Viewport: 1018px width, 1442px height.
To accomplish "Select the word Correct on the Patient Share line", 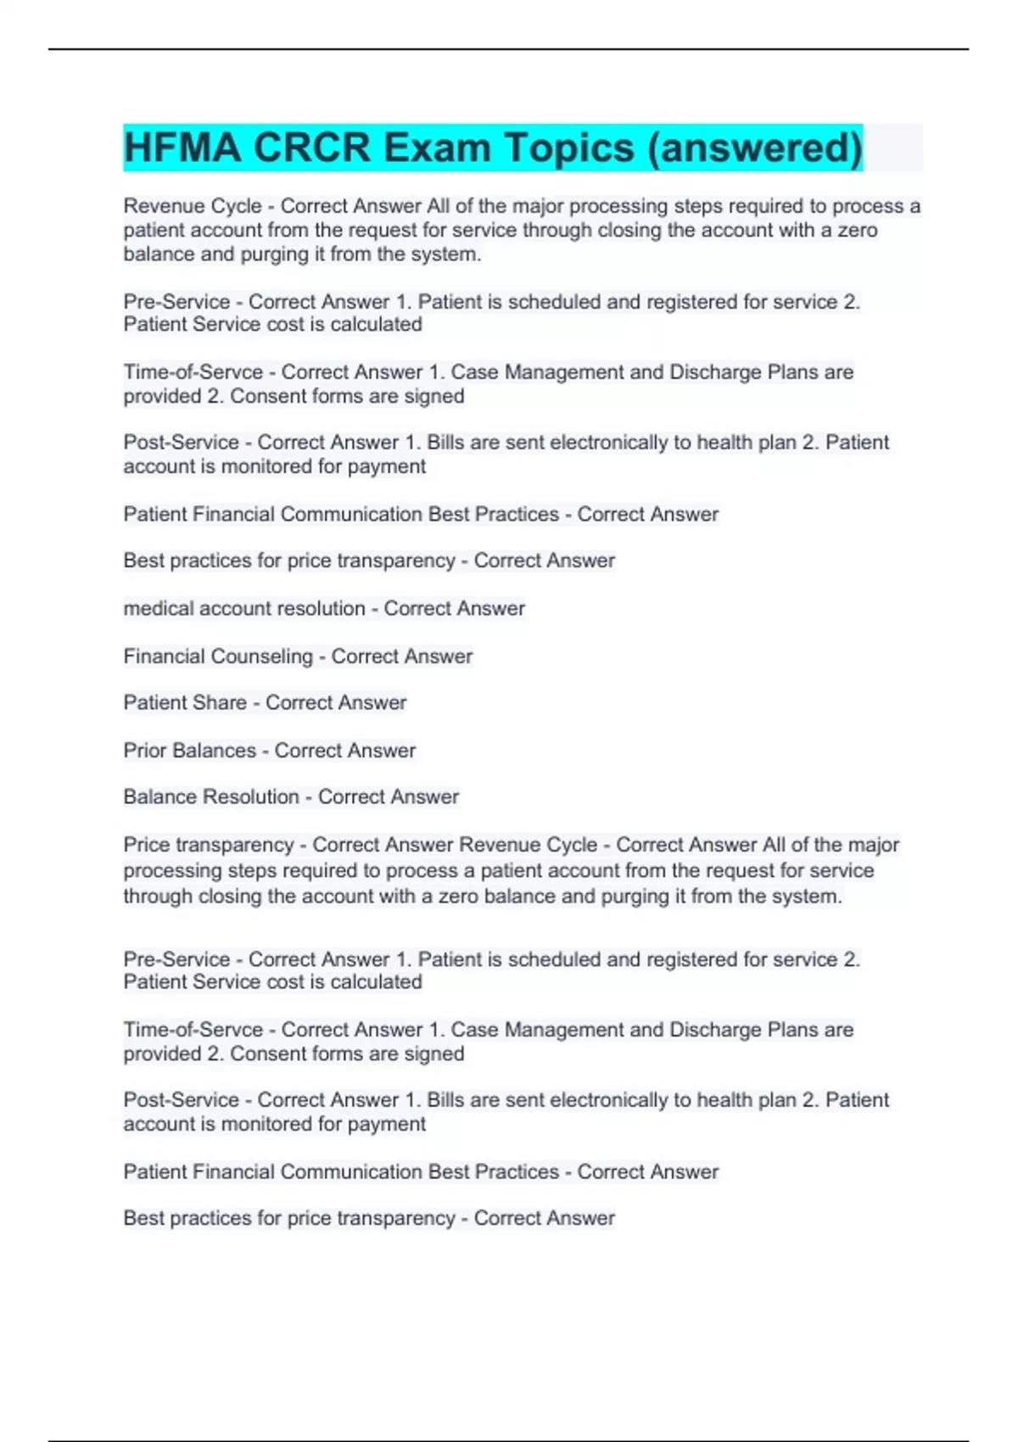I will [299, 702].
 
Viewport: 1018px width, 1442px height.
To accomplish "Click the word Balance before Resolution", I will [157, 796].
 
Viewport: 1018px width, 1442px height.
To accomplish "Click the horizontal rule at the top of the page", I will [509, 49].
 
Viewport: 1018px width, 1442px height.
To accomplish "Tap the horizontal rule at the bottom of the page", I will [509, 1439].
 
